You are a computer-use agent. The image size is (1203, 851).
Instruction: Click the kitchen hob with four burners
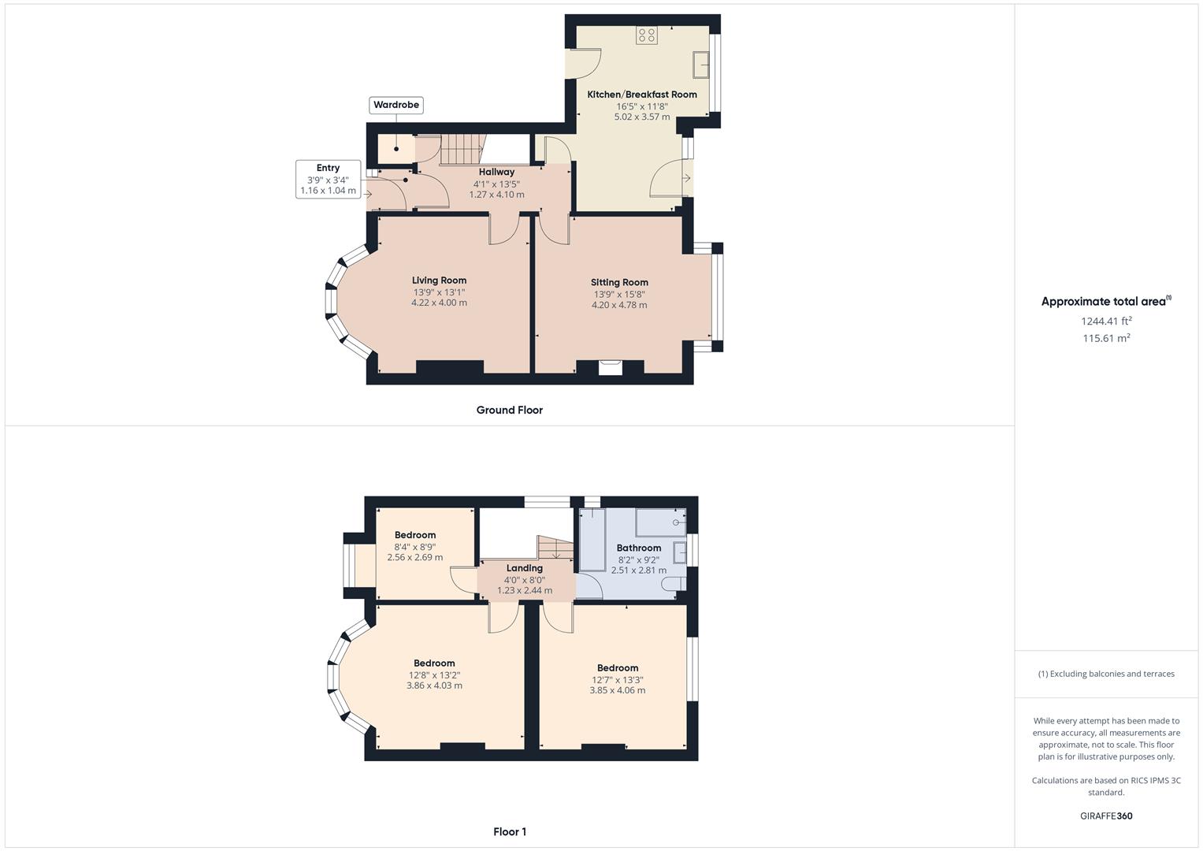(x=647, y=35)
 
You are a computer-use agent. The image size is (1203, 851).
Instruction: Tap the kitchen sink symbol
(x=701, y=65)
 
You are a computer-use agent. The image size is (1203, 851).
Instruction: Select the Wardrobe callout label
(x=396, y=105)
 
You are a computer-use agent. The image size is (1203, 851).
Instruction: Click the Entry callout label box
(x=329, y=180)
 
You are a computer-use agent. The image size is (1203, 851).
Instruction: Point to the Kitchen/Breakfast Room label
(x=642, y=95)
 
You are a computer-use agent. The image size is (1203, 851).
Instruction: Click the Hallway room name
(x=497, y=172)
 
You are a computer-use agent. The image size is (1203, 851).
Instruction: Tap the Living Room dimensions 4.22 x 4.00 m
(x=440, y=303)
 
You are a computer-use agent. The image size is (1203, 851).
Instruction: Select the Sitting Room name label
(x=620, y=283)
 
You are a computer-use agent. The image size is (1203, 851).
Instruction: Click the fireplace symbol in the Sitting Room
(x=611, y=367)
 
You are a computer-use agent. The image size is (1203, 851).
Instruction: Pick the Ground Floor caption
(x=510, y=410)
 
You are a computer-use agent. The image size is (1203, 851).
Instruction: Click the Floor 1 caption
(x=510, y=831)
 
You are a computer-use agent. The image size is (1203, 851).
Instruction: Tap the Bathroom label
(x=639, y=548)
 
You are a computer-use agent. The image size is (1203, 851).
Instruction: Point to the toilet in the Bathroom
(x=674, y=584)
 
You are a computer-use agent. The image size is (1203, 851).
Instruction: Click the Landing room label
(x=525, y=568)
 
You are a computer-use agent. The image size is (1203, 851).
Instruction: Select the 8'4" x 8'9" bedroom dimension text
(x=415, y=548)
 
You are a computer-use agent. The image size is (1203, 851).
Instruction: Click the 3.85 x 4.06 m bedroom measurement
(x=618, y=690)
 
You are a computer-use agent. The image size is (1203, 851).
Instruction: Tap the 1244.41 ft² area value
(x=1106, y=321)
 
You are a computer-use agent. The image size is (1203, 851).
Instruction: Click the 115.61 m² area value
(x=1106, y=338)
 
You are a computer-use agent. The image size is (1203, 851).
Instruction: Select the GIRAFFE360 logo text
(x=1106, y=816)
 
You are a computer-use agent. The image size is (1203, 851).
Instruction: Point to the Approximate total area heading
(x=1106, y=301)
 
